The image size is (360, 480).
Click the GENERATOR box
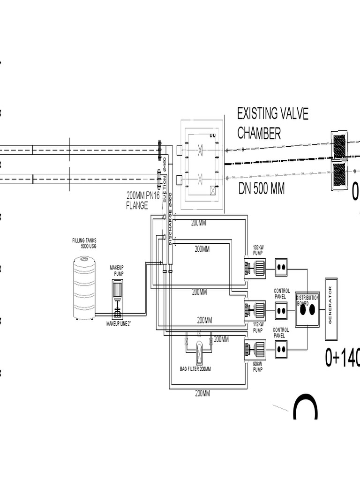click(331, 309)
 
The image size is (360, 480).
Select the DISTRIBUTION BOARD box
click(307, 309)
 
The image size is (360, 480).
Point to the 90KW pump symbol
click(255, 350)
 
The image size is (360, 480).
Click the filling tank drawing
click(84, 288)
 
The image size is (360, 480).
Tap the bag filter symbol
click(199, 352)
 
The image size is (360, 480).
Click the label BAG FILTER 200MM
click(195, 369)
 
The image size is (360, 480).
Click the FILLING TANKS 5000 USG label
click(84, 243)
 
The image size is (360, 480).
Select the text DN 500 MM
click(262, 189)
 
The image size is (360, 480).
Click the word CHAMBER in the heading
click(259, 133)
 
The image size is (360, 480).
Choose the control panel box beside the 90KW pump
click(280, 349)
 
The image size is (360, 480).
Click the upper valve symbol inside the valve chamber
click(200, 150)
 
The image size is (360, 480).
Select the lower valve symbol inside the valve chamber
click(200, 179)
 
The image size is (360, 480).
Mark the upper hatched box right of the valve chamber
click(339, 145)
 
